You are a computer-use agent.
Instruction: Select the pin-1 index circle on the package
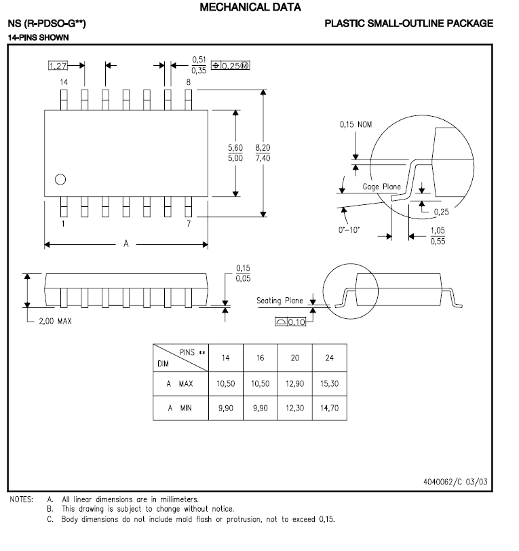pyautogui.click(x=60, y=179)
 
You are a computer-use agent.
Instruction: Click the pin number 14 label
pyautogui.click(x=64, y=81)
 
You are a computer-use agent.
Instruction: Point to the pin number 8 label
pyautogui.click(x=188, y=81)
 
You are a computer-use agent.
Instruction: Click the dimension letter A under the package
pyautogui.click(x=126, y=244)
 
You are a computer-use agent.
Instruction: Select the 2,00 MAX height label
pyautogui.click(x=55, y=321)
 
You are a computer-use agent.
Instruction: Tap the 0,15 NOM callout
pyautogui.click(x=355, y=125)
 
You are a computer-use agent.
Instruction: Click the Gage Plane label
pyautogui.click(x=382, y=187)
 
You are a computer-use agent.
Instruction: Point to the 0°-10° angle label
pyautogui.click(x=349, y=230)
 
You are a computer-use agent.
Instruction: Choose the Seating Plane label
pyautogui.click(x=280, y=301)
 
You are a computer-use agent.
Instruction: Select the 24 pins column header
pyautogui.click(x=329, y=358)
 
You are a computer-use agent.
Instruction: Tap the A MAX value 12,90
pyautogui.click(x=294, y=383)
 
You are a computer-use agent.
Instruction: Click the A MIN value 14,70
pyautogui.click(x=329, y=408)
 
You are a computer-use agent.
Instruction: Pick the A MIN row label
pyautogui.click(x=180, y=408)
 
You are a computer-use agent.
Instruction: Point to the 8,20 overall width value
pyautogui.click(x=263, y=147)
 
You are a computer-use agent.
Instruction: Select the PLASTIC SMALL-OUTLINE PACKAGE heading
pyautogui.click(x=408, y=24)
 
